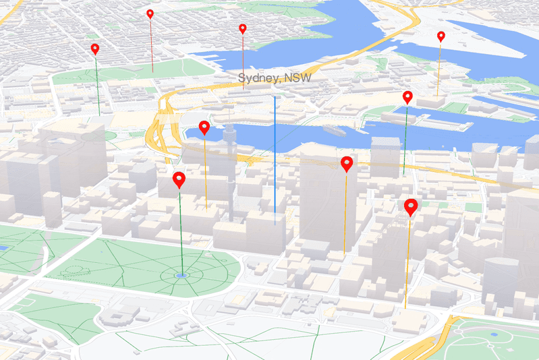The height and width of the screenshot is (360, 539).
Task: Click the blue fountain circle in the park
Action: [x=181, y=275]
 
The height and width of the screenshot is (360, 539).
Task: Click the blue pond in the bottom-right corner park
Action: [x=494, y=334]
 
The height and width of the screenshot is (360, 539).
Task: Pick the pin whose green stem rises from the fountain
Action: [x=179, y=179]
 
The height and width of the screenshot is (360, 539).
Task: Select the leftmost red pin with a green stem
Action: [x=95, y=49]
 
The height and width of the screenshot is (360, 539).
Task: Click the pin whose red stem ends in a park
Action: [x=150, y=13]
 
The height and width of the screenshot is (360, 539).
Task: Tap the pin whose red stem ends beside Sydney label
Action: [x=243, y=28]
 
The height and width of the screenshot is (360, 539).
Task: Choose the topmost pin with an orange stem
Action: [x=441, y=36]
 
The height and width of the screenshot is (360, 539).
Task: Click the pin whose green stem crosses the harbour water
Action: [x=407, y=96]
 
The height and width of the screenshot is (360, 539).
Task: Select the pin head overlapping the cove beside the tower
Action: [x=204, y=126]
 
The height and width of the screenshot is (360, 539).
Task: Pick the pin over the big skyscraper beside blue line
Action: [x=347, y=163]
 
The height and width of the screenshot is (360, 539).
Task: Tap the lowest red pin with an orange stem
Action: [x=410, y=206]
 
